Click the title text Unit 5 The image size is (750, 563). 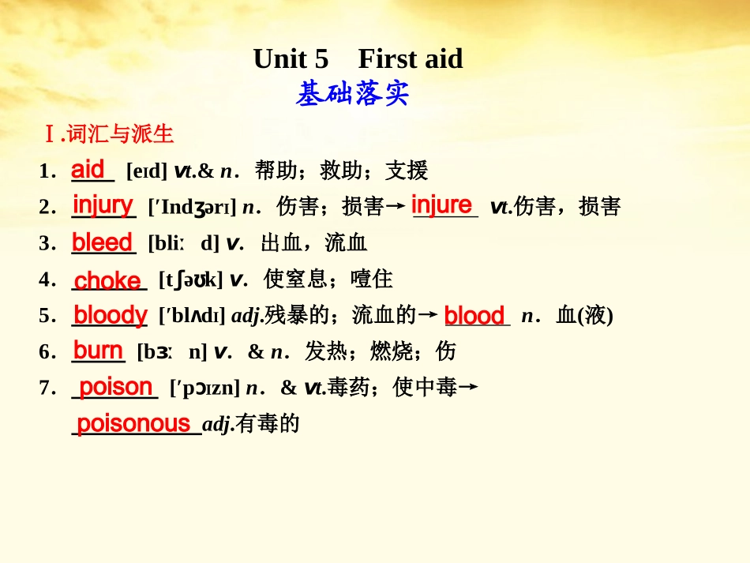[291, 59]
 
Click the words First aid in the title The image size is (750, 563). [411, 59]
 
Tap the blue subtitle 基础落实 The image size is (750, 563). [353, 95]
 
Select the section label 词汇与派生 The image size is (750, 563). [119, 134]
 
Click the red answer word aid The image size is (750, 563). [88, 169]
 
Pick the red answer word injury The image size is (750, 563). [103, 205]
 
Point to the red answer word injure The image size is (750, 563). [441, 205]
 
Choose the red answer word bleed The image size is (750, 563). [102, 242]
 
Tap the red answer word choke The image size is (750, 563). [107, 280]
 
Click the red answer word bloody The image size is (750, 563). [110, 315]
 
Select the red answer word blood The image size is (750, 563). [474, 316]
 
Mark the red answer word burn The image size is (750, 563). [98, 351]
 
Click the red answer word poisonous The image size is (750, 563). [133, 423]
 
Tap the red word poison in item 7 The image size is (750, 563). [116, 387]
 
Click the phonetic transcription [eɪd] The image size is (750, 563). [146, 171]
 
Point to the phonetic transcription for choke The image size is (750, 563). [190, 280]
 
